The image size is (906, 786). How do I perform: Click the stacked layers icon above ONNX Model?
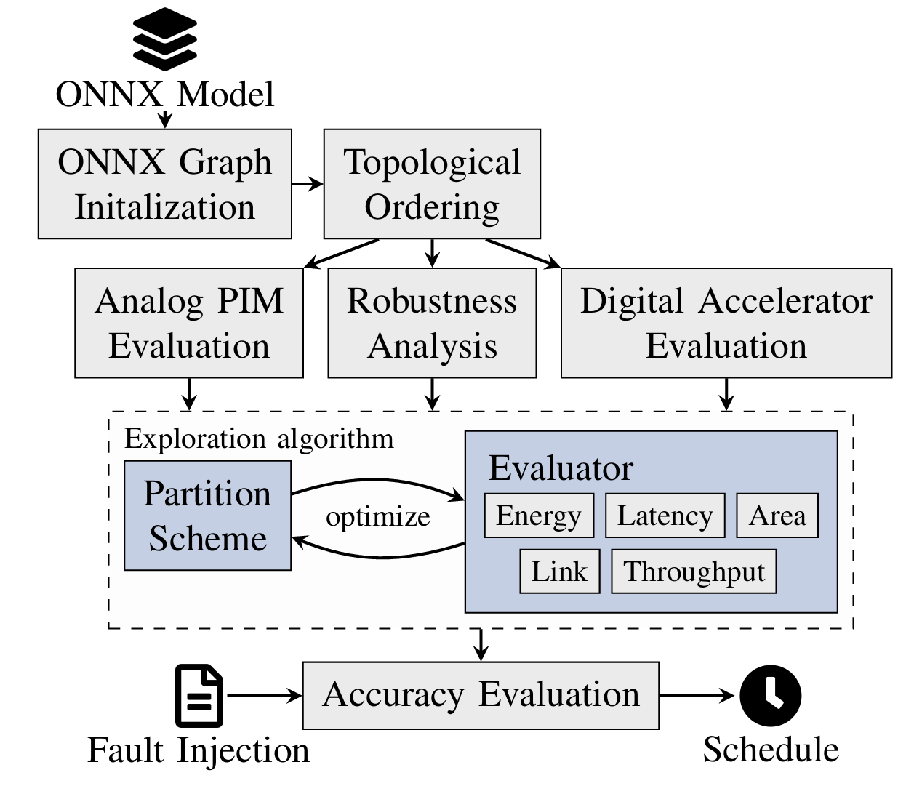click(x=165, y=39)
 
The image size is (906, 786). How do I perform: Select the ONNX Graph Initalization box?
click(x=165, y=184)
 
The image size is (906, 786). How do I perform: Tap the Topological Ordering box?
click(x=432, y=184)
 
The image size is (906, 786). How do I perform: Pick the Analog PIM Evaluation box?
click(x=189, y=323)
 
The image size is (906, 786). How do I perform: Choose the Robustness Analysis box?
click(x=432, y=323)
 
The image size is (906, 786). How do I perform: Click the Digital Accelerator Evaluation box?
click(x=726, y=323)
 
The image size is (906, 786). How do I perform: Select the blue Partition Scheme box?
click(x=208, y=516)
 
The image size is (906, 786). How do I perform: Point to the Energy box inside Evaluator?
click(x=539, y=516)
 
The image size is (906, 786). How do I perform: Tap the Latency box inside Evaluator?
click(x=665, y=516)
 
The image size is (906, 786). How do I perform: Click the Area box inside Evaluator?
click(x=777, y=516)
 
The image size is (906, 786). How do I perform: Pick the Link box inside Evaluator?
click(x=559, y=572)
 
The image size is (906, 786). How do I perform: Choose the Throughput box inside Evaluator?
click(x=694, y=572)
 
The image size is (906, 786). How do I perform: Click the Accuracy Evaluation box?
click(x=481, y=695)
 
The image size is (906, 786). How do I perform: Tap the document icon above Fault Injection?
click(x=199, y=695)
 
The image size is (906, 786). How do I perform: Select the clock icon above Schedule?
click(x=771, y=695)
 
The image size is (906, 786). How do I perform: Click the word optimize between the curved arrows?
click(x=378, y=517)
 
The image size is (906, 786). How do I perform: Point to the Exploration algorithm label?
click(x=259, y=439)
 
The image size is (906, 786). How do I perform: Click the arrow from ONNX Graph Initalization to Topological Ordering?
click(x=308, y=184)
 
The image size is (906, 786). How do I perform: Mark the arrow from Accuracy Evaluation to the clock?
click(x=698, y=696)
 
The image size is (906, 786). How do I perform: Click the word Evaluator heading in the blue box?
click(x=561, y=468)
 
